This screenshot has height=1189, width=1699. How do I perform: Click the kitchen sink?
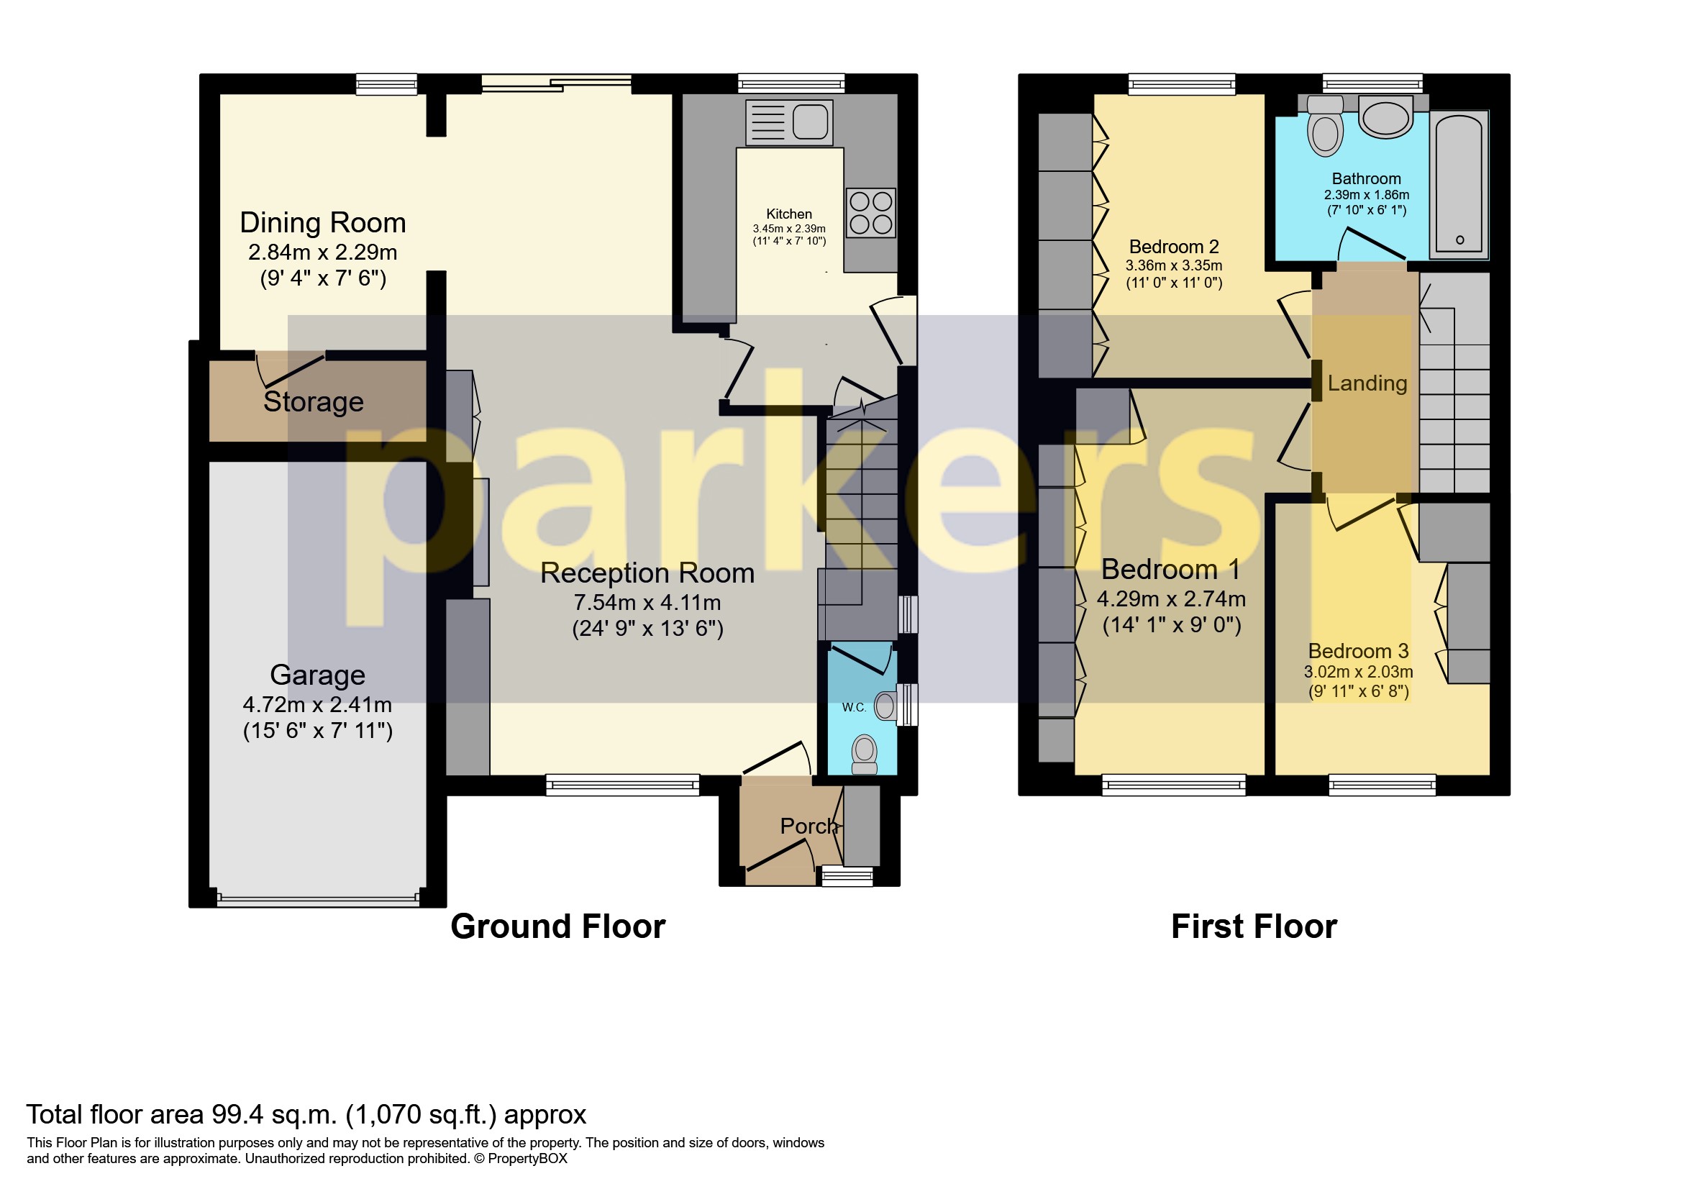coord(790,122)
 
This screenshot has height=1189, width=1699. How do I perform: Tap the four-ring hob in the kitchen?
coord(870,213)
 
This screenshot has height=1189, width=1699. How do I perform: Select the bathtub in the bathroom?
coord(1458,184)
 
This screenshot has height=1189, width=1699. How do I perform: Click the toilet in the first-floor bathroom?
coord(1324,127)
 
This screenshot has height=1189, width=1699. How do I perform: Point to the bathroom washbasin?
coord(1385,119)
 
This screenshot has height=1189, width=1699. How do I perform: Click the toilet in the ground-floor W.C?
coord(864,754)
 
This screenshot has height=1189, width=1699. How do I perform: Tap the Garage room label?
coord(317,675)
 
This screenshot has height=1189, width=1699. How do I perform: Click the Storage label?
coord(313,402)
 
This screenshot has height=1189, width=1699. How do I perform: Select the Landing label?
coord(1367,383)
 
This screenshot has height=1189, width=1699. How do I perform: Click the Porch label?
coord(808,826)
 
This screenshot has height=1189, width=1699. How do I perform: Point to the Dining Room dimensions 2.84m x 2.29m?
coord(323,252)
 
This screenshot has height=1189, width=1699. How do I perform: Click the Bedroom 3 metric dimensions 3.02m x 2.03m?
coord(1358,672)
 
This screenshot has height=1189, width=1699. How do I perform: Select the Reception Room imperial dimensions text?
coord(647,628)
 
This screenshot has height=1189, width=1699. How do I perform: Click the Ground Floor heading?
coord(558,926)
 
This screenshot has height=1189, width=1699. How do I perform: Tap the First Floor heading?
coord(1254,926)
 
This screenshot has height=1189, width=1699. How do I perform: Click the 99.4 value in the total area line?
coord(235,1114)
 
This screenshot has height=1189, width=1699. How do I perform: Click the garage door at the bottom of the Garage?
coord(317,901)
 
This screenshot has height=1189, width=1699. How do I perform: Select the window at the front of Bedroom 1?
coord(1173,784)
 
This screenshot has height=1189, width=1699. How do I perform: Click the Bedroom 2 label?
coord(1174,247)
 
